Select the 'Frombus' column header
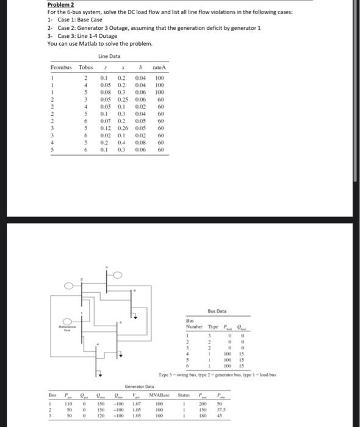click(x=60, y=66)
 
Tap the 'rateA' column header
click(x=160, y=66)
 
